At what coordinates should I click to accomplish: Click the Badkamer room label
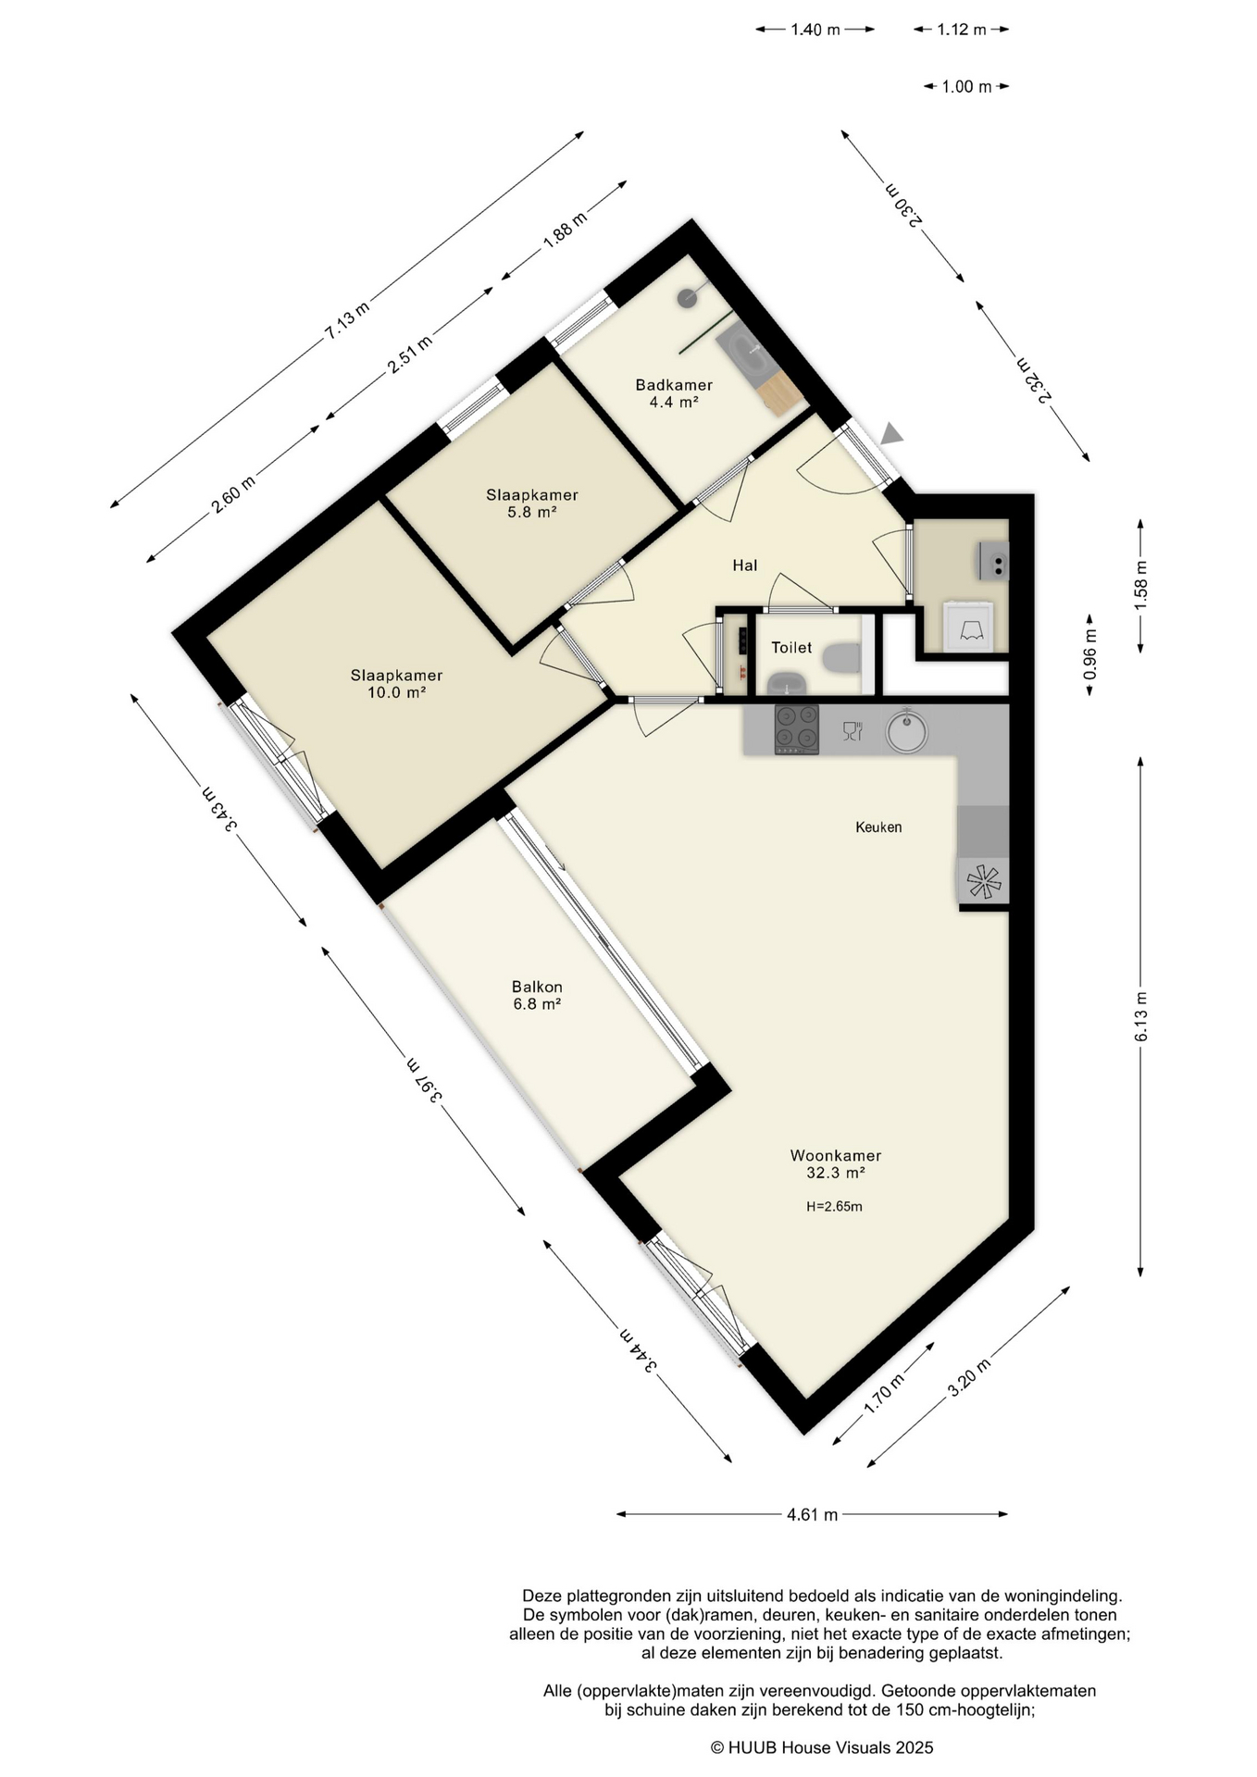pyautogui.click(x=673, y=393)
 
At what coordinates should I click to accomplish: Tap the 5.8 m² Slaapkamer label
pyautogui.click(x=531, y=503)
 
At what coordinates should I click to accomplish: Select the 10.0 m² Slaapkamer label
pyautogui.click(x=396, y=684)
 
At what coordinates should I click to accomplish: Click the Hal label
pyautogui.click(x=745, y=565)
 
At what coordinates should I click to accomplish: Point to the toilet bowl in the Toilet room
pyautogui.click(x=841, y=658)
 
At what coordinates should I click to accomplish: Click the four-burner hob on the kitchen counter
pyautogui.click(x=797, y=729)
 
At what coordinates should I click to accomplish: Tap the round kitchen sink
pyautogui.click(x=906, y=731)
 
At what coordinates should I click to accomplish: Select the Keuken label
pyautogui.click(x=878, y=827)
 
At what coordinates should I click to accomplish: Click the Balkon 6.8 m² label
pyautogui.click(x=537, y=995)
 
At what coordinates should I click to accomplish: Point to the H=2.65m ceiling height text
pyautogui.click(x=835, y=1207)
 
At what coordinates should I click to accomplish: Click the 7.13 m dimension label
pyautogui.click(x=346, y=321)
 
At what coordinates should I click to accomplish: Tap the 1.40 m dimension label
pyautogui.click(x=815, y=30)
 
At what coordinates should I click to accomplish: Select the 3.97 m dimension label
pyautogui.click(x=423, y=1077)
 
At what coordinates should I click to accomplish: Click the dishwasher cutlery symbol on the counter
pyautogui.click(x=853, y=730)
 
